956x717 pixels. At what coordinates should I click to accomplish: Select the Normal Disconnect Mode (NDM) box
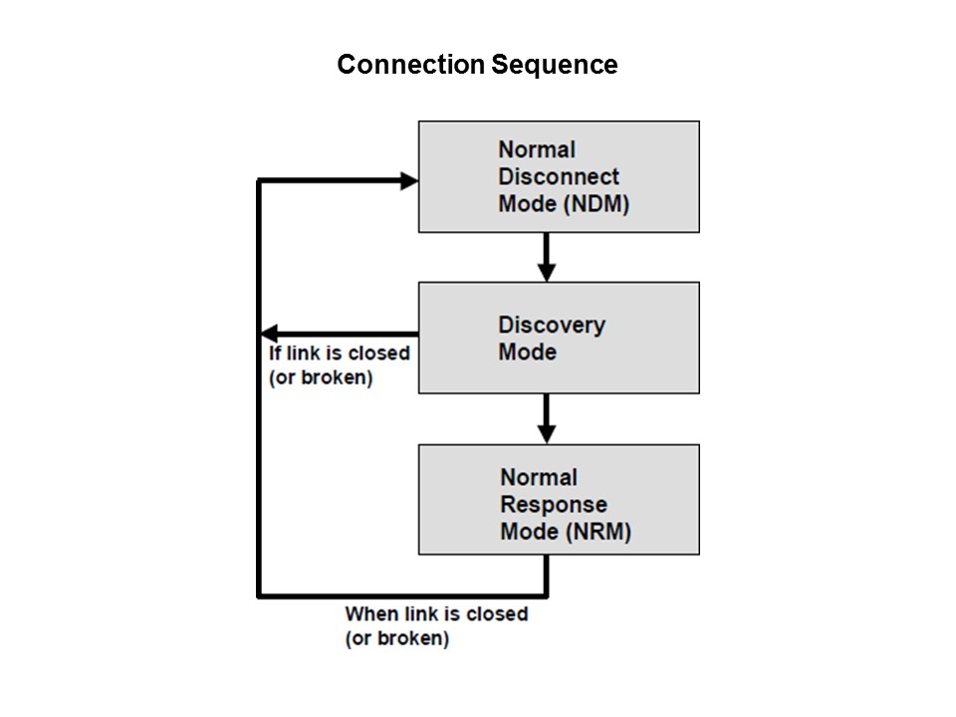pyautogui.click(x=559, y=176)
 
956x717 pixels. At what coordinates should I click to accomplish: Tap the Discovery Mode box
pyautogui.click(x=559, y=338)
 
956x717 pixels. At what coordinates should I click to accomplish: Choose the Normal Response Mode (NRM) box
pyautogui.click(x=559, y=499)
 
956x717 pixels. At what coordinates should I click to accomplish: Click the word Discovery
pyautogui.click(x=551, y=325)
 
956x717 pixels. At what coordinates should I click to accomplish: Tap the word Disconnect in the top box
pyautogui.click(x=558, y=177)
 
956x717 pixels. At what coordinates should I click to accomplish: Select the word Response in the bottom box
pyautogui.click(x=553, y=505)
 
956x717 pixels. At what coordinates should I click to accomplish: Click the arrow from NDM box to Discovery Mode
pyautogui.click(x=546, y=256)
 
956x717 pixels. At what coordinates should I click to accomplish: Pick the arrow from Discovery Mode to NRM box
pyautogui.click(x=546, y=417)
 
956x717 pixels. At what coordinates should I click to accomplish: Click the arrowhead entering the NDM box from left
pyautogui.click(x=407, y=180)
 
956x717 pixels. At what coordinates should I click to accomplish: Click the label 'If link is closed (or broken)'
pyautogui.click(x=339, y=366)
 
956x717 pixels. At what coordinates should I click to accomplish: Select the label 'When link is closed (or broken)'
pyautogui.click(x=436, y=626)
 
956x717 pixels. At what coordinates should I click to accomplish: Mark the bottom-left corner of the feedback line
pyautogui.click(x=260, y=596)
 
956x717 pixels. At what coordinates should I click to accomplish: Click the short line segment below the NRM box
pyautogui.click(x=546, y=575)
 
